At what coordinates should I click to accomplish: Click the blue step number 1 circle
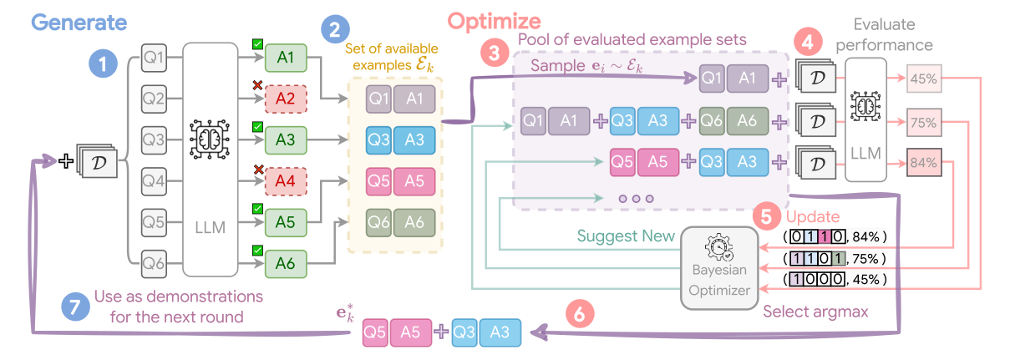tap(104, 62)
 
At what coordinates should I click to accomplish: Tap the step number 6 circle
tap(581, 314)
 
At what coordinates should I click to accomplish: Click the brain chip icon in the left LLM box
tap(204, 139)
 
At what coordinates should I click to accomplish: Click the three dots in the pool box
tap(636, 200)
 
